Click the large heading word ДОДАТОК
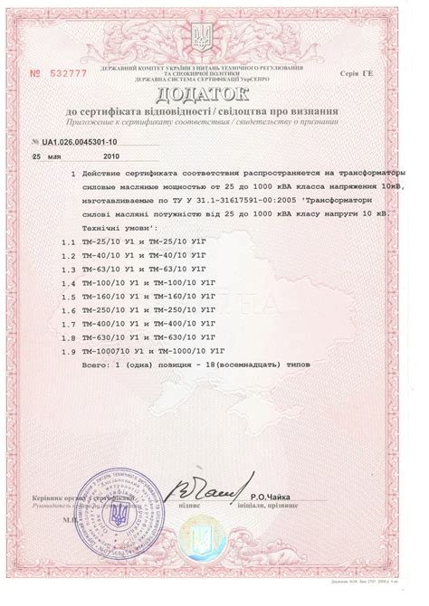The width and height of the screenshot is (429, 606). point(213,94)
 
